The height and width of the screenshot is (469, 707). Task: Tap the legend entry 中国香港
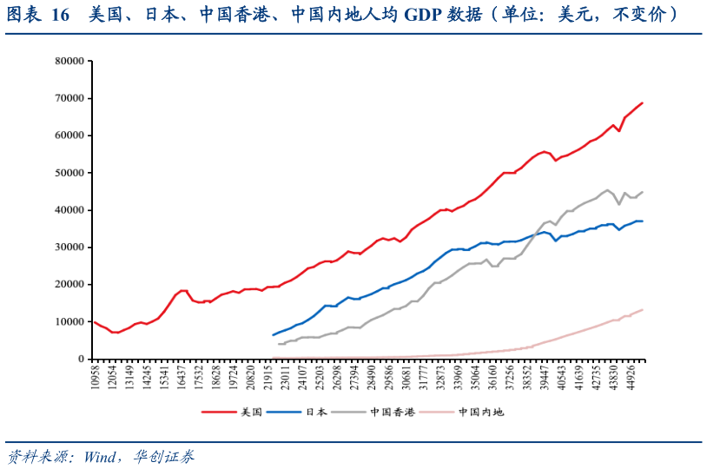tap(391, 412)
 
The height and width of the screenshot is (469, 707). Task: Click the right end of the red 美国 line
tap(642, 103)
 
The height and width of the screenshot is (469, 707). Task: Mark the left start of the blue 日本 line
tap(273, 335)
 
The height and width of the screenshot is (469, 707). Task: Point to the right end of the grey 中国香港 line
tap(642, 192)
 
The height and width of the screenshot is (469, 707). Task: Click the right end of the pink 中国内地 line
tap(642, 310)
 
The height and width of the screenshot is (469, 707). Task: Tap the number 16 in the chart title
tap(60, 15)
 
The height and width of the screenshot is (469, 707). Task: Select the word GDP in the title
tap(426, 15)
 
